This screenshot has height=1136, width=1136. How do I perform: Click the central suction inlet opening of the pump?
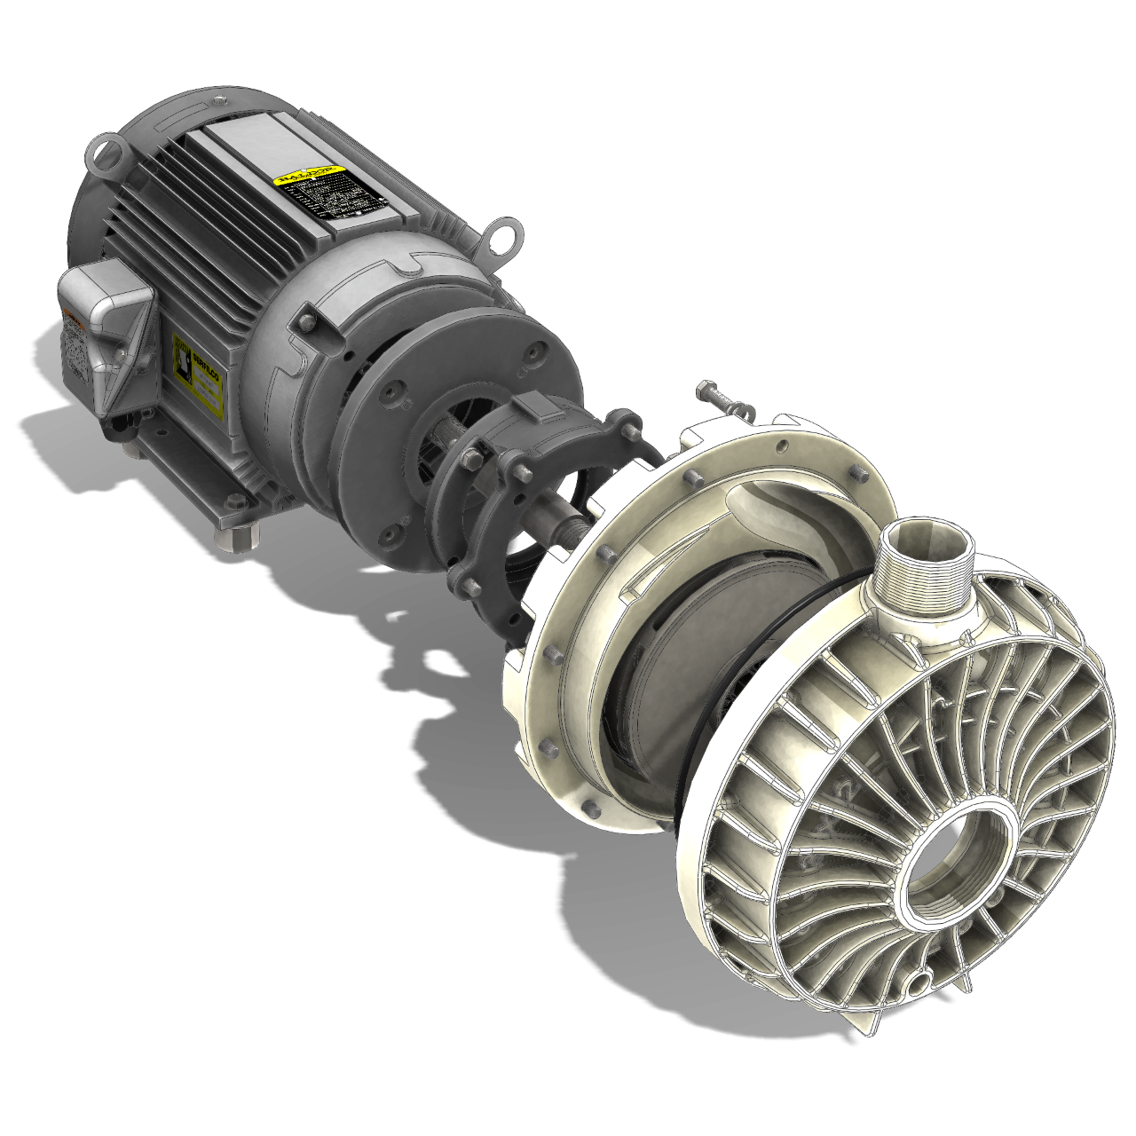[x=950, y=870]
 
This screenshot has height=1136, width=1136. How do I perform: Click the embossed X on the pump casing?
[x=830, y=825]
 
